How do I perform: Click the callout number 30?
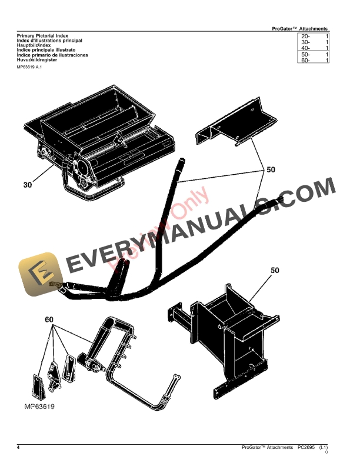pyautogui.click(x=28, y=185)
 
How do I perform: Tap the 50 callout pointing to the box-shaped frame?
pyautogui.click(x=275, y=271)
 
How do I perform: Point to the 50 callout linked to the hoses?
pyautogui.click(x=271, y=170)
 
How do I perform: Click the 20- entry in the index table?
pyautogui.click(x=305, y=36)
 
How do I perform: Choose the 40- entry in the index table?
pyautogui.click(x=305, y=48)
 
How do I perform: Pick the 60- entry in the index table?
pyautogui.click(x=305, y=60)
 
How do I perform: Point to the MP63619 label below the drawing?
pyautogui.click(x=39, y=407)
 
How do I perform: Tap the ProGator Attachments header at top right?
pyautogui.click(x=300, y=28)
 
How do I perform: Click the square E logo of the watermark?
pyautogui.click(x=41, y=274)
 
